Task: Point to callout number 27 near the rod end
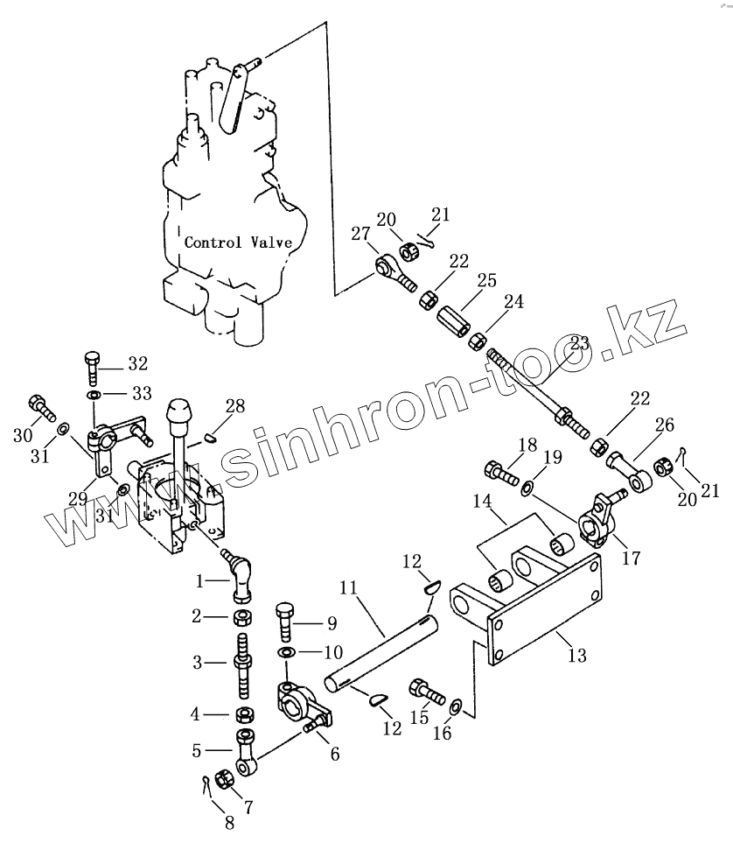[x=360, y=234]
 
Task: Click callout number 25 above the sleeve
[x=486, y=281]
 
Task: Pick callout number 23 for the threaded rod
[x=578, y=344]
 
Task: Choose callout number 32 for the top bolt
[x=137, y=362]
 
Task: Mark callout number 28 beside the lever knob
[x=234, y=405]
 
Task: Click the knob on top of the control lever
[x=179, y=411]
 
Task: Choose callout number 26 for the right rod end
[x=665, y=425]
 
